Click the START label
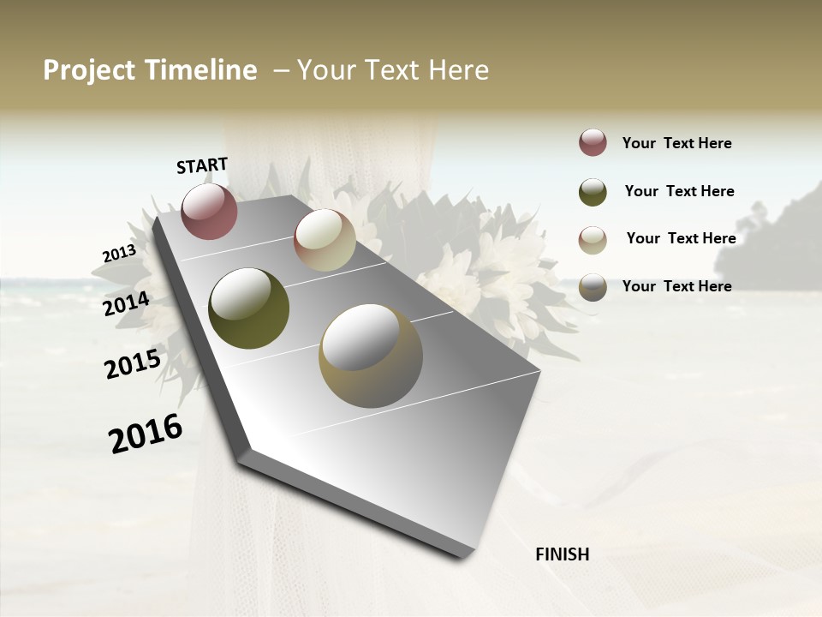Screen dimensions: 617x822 coord(202,165)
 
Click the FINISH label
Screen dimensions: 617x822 coord(562,554)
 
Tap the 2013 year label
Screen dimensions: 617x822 coord(119,254)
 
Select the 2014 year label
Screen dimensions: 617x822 coord(126,303)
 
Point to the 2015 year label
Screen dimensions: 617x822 coord(132,364)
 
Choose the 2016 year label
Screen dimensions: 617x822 coord(146,434)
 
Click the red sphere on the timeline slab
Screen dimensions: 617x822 coord(209,211)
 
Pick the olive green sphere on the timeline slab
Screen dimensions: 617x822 coord(248,308)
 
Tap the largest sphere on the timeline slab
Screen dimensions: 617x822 coord(370,355)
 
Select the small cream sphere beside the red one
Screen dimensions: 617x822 coord(325,240)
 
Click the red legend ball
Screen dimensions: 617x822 coord(593,143)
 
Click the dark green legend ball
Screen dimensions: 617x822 coord(593,191)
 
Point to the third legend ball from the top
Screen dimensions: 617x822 coord(593,239)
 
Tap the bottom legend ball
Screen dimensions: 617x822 coord(593,287)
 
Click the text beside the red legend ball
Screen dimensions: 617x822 coord(676,143)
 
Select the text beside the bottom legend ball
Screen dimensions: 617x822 coord(676,286)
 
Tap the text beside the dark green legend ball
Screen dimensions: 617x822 coord(679,191)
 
